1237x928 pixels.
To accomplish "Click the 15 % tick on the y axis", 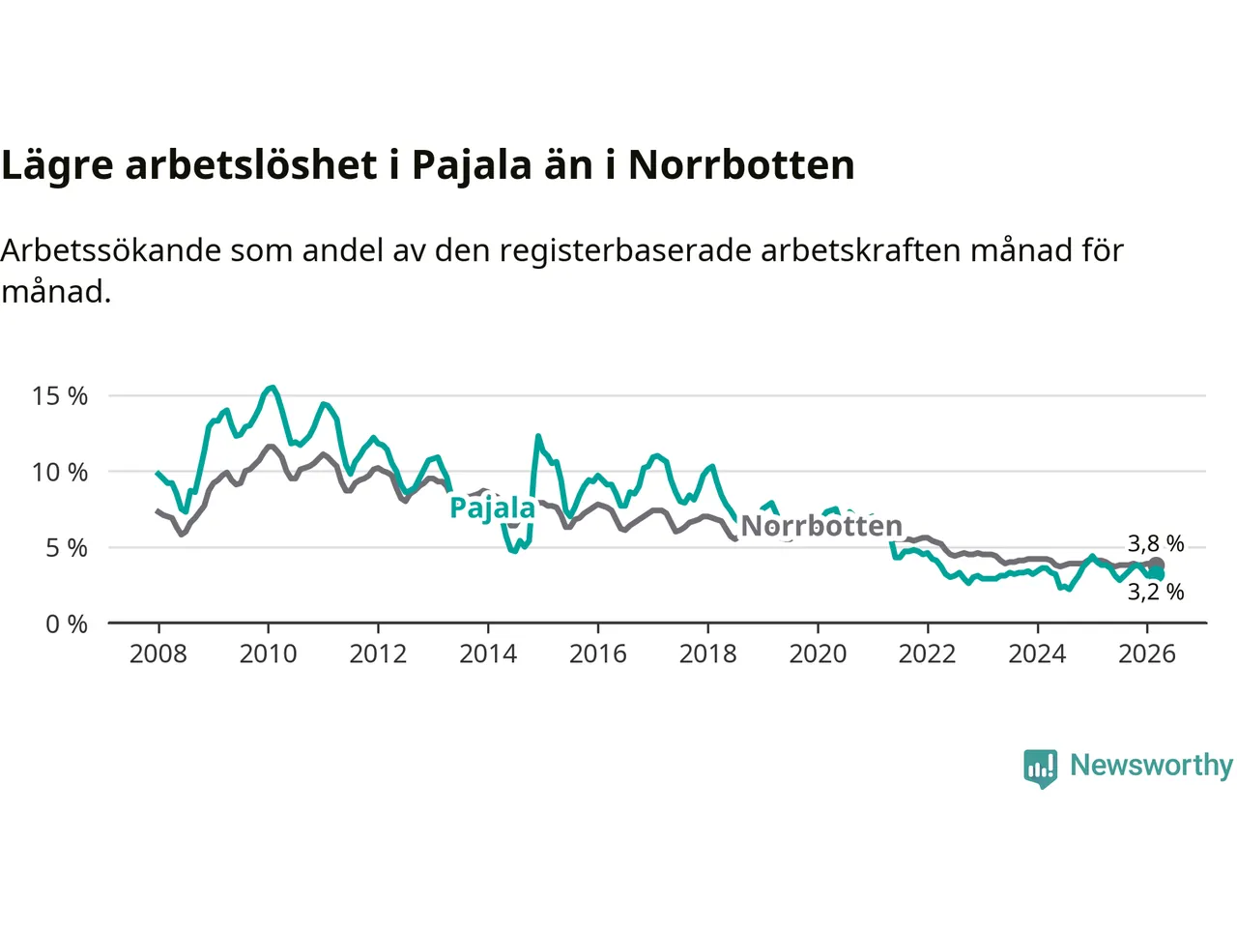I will [60, 396].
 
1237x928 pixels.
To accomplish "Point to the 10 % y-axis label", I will [60, 473].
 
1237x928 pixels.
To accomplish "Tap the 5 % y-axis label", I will [66, 548].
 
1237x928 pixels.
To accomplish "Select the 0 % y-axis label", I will [66, 624].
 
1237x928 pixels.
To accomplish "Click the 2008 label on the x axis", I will [158, 654].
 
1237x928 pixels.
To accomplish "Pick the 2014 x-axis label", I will [488, 654].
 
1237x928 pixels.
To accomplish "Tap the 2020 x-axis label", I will [818, 654].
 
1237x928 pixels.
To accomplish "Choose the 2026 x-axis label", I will [1147, 654].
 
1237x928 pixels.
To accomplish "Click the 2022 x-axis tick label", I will [928, 654].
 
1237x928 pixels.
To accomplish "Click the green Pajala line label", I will [492, 508].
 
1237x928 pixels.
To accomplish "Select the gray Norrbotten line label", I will [821, 526].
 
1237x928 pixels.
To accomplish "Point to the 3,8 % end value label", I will [1156, 543].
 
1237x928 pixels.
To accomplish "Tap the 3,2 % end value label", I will [1156, 592].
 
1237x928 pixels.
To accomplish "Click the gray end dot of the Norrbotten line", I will [1157, 565].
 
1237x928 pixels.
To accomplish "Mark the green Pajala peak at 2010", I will [273, 388].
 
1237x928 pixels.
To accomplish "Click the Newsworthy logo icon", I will [1041, 768].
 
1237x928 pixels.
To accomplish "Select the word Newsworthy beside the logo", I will [1151, 766].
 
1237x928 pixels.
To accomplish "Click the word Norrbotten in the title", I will [741, 165].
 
